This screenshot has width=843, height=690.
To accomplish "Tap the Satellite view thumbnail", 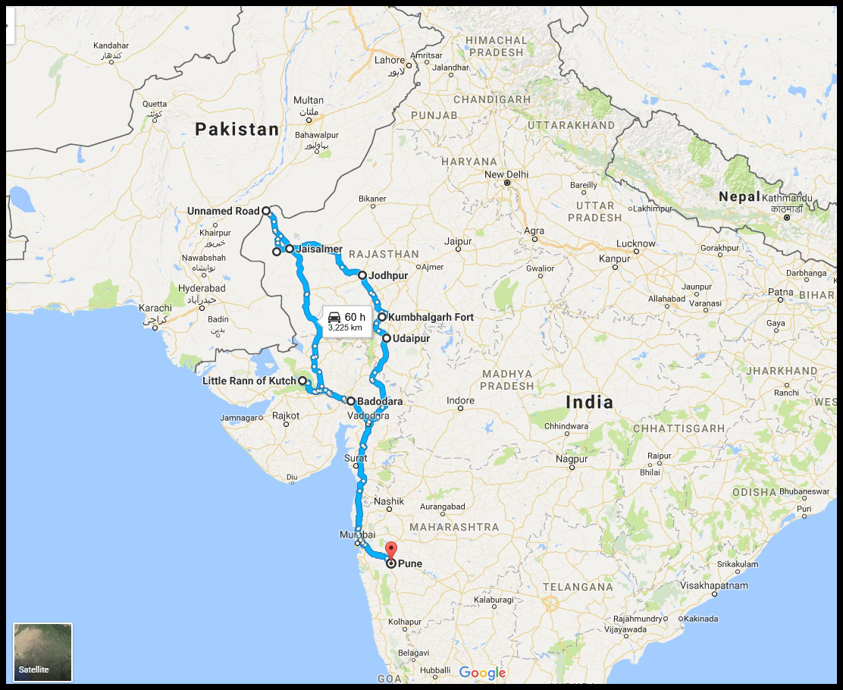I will [x=42, y=651].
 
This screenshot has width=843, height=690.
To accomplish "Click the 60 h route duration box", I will [x=346, y=321].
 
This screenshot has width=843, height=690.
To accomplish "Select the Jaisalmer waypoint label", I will [x=319, y=249].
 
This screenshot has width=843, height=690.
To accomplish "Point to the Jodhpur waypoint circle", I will [x=363, y=276].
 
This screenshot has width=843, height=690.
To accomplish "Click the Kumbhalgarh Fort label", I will [x=431, y=317].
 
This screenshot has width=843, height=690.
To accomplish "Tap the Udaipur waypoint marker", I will [x=387, y=338].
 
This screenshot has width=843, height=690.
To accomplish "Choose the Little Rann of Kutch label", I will [x=249, y=381].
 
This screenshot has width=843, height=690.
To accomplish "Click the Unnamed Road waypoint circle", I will [x=266, y=212].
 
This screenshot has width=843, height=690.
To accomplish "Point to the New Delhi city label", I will [x=506, y=174].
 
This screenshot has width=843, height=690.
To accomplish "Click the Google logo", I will [x=482, y=673].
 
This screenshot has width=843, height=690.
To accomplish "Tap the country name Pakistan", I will [x=237, y=130].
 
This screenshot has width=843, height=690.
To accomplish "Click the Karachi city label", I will [x=155, y=308].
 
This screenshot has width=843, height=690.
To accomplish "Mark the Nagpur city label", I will [x=572, y=459].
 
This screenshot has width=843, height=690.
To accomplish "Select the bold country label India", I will [x=590, y=402].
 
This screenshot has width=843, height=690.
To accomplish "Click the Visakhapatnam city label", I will [x=714, y=585].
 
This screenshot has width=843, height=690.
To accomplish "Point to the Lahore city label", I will [x=390, y=61].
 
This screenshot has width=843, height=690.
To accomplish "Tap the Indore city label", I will [x=460, y=400].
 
